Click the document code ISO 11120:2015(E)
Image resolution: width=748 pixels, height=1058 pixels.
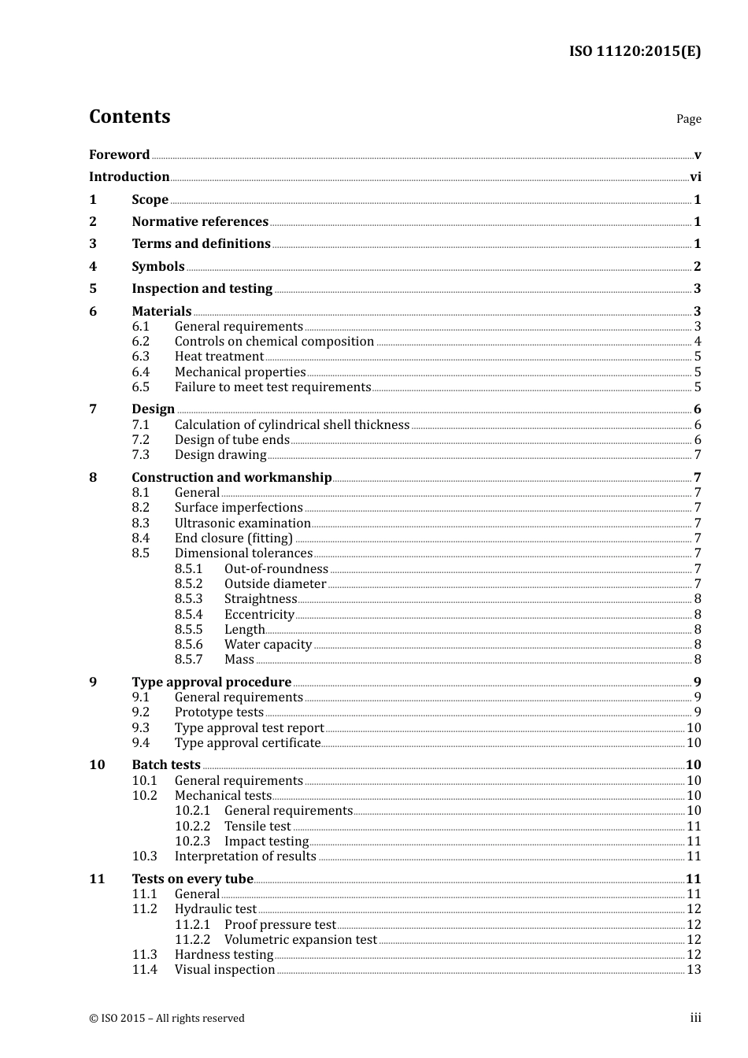(634, 51)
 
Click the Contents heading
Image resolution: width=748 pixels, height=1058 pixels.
(129, 117)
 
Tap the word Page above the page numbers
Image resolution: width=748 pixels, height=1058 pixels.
(688, 119)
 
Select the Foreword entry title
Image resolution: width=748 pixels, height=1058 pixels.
(119, 154)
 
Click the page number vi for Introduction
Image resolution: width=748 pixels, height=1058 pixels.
(695, 177)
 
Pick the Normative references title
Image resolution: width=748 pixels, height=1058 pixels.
(200, 222)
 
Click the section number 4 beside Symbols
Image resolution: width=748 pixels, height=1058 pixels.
(93, 267)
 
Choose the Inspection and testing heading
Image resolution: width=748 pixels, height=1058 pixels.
(202, 289)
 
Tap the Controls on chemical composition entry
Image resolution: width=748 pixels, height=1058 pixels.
(274, 342)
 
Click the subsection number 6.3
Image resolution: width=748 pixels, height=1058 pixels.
(140, 357)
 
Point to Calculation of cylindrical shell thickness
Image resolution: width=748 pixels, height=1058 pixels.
(291, 425)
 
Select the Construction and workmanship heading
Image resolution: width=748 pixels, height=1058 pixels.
(231, 478)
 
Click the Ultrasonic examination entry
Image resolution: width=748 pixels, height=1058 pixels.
(243, 523)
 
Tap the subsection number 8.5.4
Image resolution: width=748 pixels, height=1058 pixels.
(188, 615)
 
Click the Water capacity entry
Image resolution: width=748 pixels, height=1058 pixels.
(268, 645)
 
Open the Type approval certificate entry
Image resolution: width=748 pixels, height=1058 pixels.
(247, 743)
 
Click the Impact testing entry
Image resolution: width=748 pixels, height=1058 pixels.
(266, 842)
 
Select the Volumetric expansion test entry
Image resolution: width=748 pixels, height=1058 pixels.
(300, 940)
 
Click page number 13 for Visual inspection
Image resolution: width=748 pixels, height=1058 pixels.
(694, 970)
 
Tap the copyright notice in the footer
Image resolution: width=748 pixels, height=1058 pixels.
(167, 1019)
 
